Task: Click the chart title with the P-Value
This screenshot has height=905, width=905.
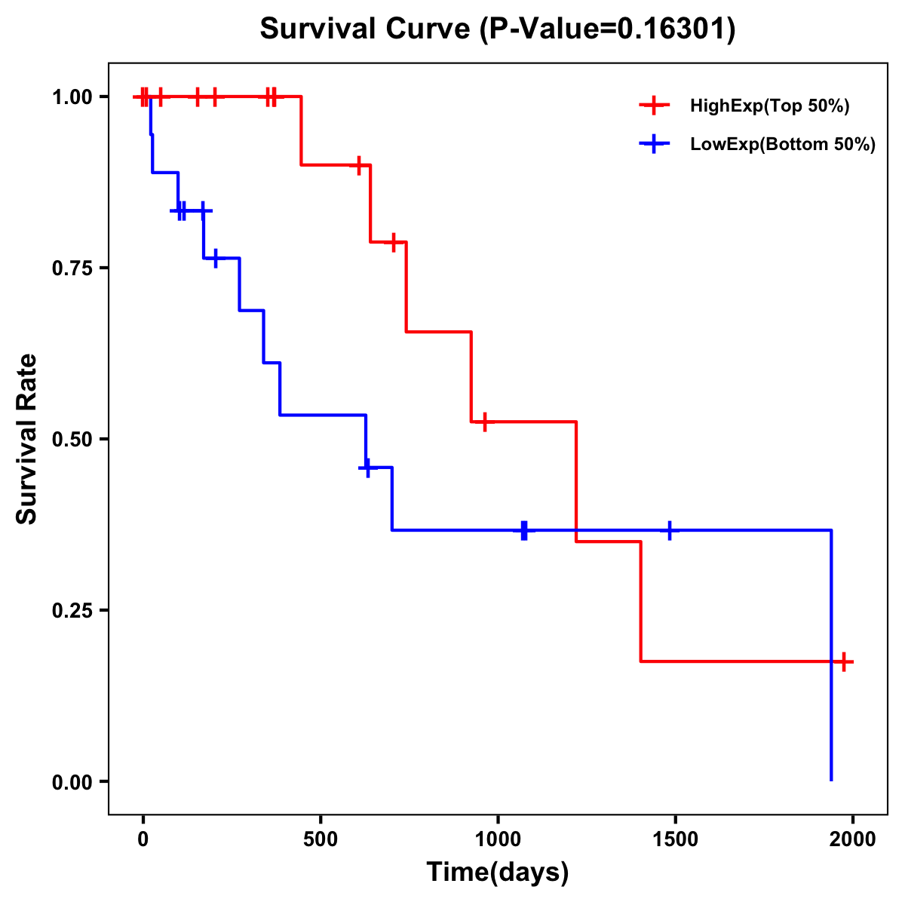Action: click(498, 29)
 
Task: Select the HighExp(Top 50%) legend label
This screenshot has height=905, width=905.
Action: click(769, 106)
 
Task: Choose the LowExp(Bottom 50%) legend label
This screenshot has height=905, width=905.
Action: click(783, 144)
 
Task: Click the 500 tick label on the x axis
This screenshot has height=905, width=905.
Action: click(321, 839)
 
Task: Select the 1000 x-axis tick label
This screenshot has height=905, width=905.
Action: click(498, 839)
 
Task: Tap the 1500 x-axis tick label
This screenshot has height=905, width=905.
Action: click(675, 839)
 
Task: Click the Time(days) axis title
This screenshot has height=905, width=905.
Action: click(498, 873)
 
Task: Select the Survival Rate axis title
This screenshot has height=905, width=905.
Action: click(27, 439)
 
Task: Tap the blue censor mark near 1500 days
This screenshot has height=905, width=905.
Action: click(669, 530)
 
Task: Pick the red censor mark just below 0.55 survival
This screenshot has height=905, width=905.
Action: click(484, 422)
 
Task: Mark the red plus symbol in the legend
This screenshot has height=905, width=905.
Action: click(654, 106)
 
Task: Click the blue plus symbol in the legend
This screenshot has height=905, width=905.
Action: click(654, 144)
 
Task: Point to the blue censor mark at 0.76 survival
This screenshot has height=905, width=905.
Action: click(215, 258)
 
